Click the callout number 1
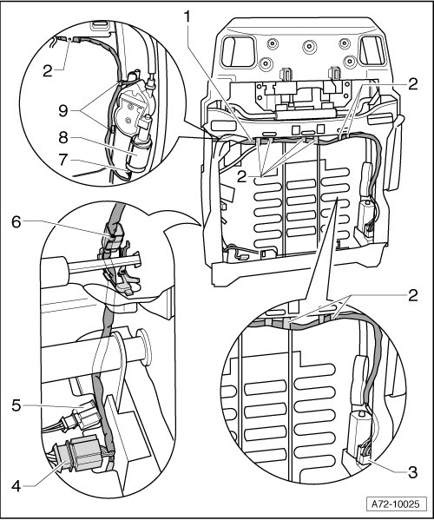[x=188, y=17]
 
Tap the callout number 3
[x=412, y=472]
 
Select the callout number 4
[x=16, y=487]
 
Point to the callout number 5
[x=16, y=405]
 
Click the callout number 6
[x=16, y=222]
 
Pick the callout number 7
[x=63, y=161]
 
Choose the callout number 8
[x=63, y=137]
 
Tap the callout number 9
[x=63, y=110]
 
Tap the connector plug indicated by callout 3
[x=365, y=454]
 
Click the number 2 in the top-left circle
[x=48, y=71]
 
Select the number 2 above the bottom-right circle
[x=412, y=295]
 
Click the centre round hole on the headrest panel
[x=309, y=46]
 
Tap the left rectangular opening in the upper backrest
[x=238, y=51]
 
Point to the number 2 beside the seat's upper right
[x=413, y=84]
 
